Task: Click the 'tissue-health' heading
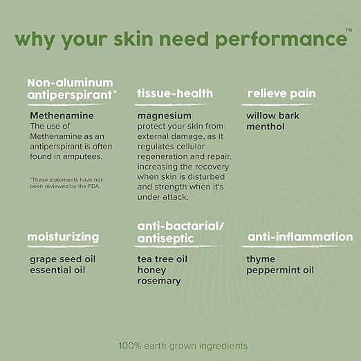tap(175, 93)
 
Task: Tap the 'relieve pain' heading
tap(283, 93)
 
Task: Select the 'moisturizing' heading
tap(63, 237)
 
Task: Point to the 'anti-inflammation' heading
tap(299, 237)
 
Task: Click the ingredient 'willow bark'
tap(273, 115)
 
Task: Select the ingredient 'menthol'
tap(266, 127)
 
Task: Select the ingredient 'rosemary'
tap(159, 281)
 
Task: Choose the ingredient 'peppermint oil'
tap(280, 270)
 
